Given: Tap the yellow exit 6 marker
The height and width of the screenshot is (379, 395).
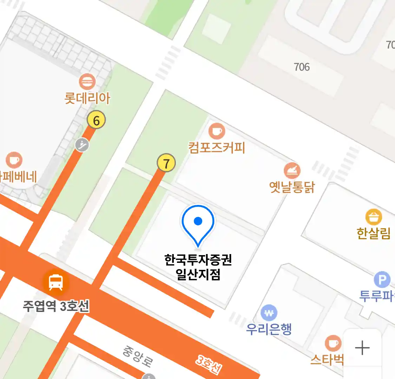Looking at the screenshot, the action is point(96,120).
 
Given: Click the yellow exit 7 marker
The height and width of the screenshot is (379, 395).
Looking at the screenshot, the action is point(166,163).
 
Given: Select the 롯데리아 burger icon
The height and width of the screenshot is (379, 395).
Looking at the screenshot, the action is point(87,82).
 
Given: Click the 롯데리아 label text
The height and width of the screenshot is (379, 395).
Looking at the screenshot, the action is point(87,98).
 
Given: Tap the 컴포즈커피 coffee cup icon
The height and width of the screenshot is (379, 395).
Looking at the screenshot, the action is point(217,131).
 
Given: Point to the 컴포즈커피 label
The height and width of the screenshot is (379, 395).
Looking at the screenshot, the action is point(217,147).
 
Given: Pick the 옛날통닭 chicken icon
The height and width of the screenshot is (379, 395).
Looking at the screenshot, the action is point(292,171).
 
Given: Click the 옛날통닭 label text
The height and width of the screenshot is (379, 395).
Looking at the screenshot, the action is point(292,187).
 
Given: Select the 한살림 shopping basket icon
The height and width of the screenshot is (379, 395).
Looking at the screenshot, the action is point(374,217).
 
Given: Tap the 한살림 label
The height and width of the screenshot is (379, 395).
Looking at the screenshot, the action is point(374,233).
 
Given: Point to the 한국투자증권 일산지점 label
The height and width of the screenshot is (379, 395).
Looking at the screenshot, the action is point(198,267).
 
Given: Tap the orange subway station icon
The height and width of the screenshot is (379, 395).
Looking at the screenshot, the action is point(56,281).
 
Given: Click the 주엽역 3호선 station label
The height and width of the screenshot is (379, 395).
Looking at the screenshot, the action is point(56,306).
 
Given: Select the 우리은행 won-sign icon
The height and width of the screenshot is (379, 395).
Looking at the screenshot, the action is point(269,313).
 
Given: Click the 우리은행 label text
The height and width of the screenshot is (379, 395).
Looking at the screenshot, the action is point(269,329).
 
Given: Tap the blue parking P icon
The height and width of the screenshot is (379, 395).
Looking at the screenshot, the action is point(382,280).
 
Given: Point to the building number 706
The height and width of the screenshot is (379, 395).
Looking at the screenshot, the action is point(302,67).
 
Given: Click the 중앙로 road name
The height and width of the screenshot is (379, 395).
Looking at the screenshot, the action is point(138,356).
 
